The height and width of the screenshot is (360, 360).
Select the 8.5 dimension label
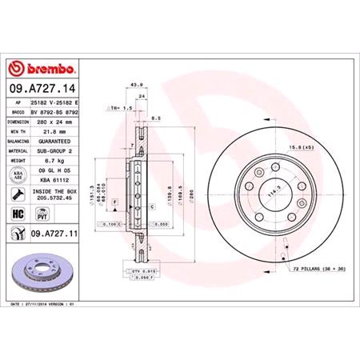[157, 118]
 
